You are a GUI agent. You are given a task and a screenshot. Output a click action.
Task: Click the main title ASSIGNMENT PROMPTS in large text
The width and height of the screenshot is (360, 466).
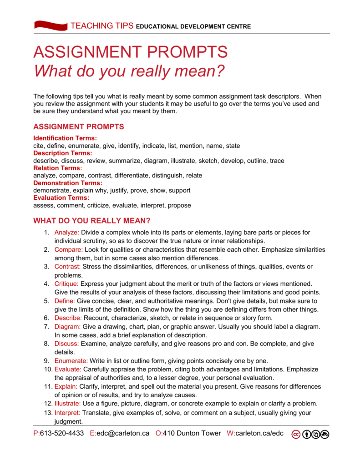click(x=130, y=52)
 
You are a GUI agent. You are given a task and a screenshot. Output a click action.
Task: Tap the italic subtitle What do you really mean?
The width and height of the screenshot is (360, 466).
click(x=129, y=71)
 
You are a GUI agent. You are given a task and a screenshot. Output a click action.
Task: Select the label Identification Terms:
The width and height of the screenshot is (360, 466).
click(x=65, y=138)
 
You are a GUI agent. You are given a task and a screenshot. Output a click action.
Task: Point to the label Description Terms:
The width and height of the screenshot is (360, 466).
click(x=63, y=153)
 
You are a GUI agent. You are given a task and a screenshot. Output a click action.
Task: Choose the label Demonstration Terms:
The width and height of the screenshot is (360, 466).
click(x=68, y=183)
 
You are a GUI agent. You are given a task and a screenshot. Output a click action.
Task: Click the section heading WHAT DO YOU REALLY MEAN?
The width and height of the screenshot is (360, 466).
click(x=92, y=221)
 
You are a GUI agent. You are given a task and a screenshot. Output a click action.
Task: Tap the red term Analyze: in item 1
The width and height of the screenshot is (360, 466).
click(x=67, y=233)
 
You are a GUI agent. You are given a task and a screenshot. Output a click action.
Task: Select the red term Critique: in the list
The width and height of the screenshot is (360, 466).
click(x=67, y=284)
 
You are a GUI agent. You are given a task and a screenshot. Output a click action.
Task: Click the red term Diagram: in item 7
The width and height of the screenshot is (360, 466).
click(x=67, y=327)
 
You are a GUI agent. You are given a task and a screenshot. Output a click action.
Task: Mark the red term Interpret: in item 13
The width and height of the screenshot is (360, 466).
click(x=67, y=413)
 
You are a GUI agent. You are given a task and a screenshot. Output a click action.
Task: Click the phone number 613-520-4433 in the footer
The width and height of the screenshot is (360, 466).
click(x=62, y=433)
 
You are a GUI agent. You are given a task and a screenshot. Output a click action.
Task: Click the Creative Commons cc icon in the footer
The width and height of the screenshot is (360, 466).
click(x=296, y=434)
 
